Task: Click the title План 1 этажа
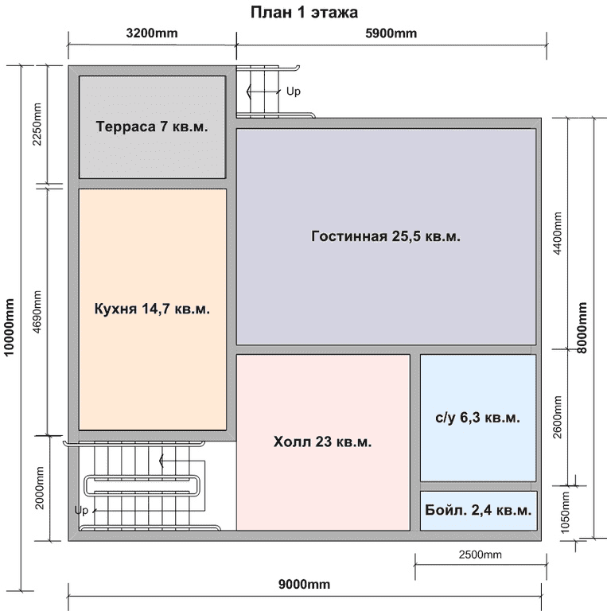(304, 13)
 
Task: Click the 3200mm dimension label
(152, 33)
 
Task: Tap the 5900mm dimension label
(391, 33)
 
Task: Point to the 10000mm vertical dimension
(9, 327)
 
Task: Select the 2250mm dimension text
(37, 124)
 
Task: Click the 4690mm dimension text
(37, 312)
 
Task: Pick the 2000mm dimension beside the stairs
(39, 488)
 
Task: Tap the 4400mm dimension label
(558, 233)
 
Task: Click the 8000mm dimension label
(582, 328)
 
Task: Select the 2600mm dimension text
(558, 418)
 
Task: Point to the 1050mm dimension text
(565, 512)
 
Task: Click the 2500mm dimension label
(480, 555)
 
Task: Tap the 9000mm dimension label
(304, 585)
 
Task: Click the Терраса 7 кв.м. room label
(152, 126)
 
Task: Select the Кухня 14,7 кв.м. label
(152, 309)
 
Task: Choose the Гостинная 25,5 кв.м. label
(386, 236)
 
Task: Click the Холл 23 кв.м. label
(322, 442)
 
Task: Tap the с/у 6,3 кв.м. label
(477, 418)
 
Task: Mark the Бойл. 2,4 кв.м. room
(478, 510)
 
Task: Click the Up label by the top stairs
(294, 91)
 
